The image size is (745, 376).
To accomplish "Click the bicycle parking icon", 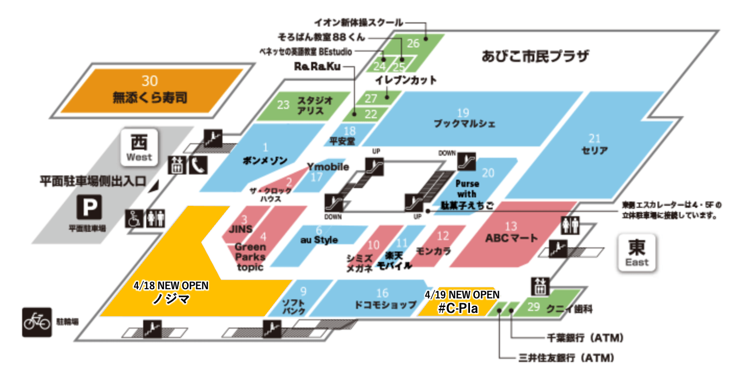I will coord(37,322).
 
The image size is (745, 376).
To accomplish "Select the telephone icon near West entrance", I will coord(197,165).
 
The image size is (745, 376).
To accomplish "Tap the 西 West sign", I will coord(139,147).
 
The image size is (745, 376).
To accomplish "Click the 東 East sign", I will coord(637,252).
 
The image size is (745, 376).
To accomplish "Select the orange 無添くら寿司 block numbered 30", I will coord(150,91).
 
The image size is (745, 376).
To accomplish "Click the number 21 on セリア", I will coord(594,138).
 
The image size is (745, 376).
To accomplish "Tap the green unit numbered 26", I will coord(414,43).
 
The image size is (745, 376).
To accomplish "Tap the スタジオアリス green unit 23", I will coord(302,105).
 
